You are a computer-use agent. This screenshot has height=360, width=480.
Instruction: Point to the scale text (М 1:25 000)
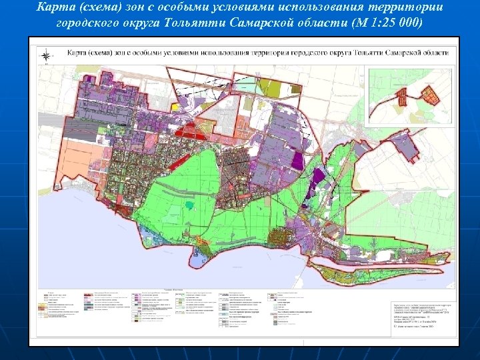[389, 22]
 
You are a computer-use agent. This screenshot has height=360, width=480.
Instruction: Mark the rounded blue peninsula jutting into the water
[212, 261]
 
